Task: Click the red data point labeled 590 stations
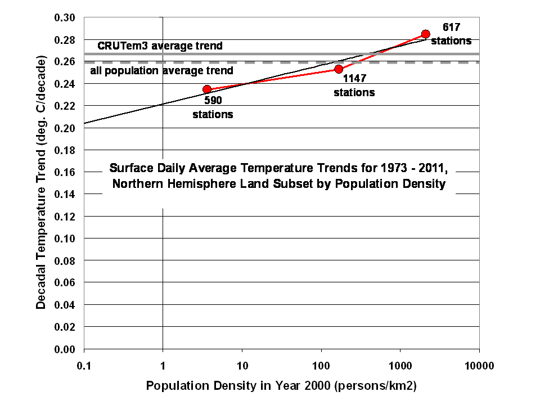[207, 89]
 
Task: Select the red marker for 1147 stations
[339, 69]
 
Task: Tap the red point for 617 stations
[426, 34]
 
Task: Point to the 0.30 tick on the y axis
[64, 17]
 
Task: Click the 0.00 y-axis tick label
[64, 349]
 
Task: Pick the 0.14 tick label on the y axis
[64, 195]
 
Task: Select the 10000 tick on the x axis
[479, 366]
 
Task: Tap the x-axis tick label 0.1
[84, 366]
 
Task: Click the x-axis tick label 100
[321, 366]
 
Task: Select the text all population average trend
[161, 71]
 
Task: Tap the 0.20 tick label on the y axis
[64, 128]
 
